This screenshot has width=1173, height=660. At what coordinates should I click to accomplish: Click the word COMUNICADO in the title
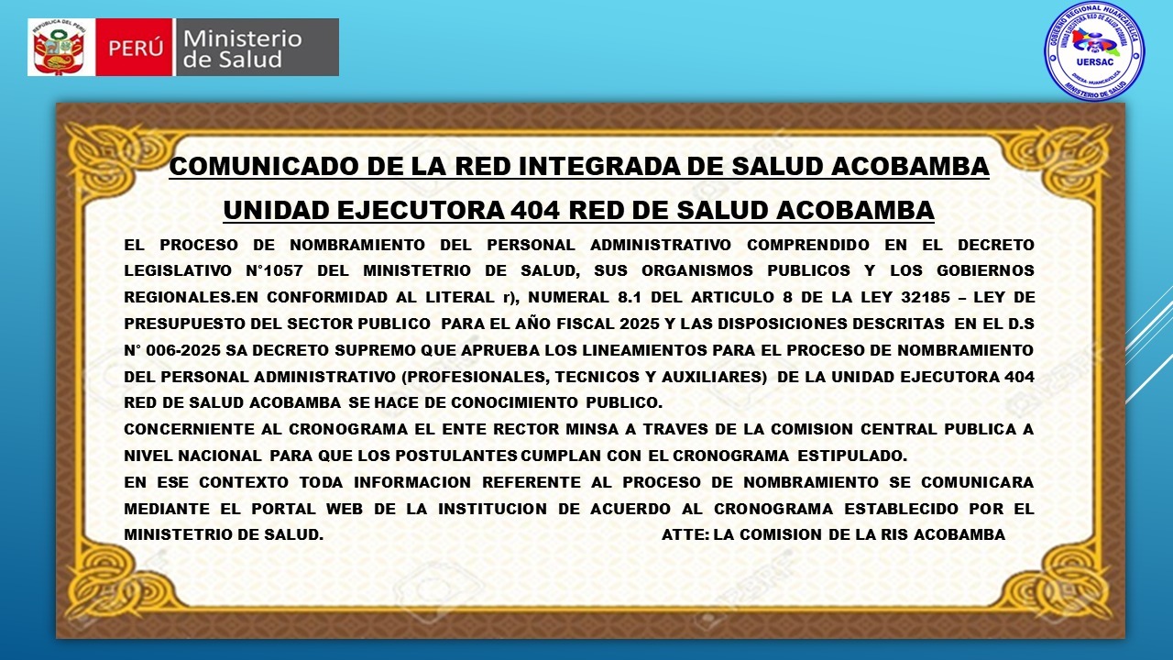[263, 166]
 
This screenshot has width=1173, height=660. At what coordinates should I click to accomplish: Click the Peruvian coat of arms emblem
[59, 47]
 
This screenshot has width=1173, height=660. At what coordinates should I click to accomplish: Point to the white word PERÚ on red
[135, 49]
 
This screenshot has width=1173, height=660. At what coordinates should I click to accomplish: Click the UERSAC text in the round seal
[1094, 60]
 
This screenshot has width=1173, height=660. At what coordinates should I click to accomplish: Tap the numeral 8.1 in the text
[630, 297]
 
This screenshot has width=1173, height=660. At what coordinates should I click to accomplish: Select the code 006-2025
[183, 350]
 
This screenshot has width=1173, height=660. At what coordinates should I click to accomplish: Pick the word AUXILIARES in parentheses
[709, 377]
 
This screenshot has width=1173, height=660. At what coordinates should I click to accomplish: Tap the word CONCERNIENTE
[187, 430]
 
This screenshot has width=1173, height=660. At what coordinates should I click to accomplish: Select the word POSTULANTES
[456, 456]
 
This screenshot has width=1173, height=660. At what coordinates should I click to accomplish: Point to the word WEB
[344, 509]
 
